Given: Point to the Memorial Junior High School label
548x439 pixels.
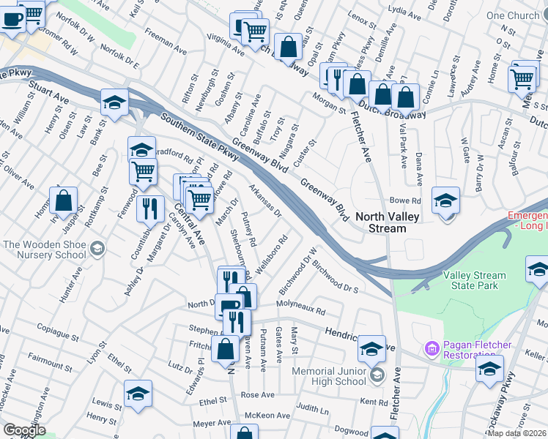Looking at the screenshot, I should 329,376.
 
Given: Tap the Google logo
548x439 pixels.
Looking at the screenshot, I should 23,430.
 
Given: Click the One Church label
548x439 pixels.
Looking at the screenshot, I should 512,15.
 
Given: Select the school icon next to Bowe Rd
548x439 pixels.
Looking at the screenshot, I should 445,200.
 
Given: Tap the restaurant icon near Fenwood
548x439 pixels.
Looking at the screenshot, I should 150,208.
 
